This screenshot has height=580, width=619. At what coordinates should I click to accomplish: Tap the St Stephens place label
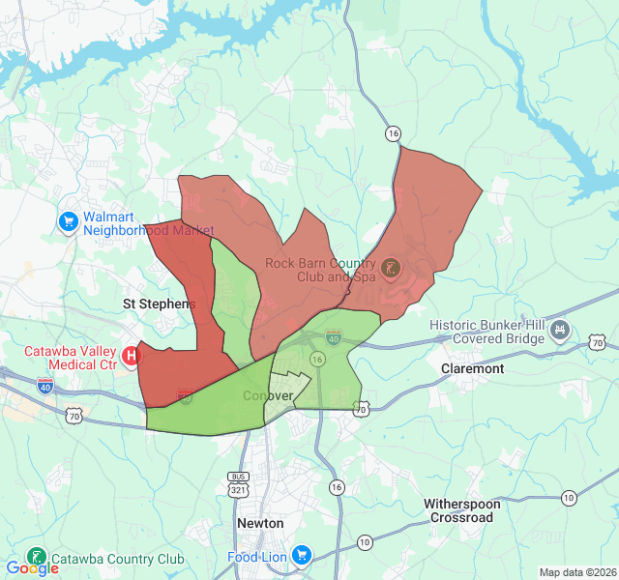tap(159, 304)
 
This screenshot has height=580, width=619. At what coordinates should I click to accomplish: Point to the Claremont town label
tap(472, 368)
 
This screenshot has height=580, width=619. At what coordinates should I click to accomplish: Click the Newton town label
tap(260, 523)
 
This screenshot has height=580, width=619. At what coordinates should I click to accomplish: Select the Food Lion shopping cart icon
tap(302, 556)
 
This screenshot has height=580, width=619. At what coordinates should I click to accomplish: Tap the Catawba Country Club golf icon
tap(36, 558)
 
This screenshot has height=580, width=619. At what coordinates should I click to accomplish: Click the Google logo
tap(32, 568)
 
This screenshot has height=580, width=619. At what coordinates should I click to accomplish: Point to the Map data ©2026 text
tap(577, 572)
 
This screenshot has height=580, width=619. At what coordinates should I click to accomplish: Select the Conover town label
tap(268, 396)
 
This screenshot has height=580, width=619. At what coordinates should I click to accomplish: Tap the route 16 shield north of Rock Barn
tap(392, 132)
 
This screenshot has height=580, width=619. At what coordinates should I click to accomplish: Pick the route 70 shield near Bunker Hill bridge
tap(597, 342)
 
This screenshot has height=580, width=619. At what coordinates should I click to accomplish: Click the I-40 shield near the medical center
tap(45, 386)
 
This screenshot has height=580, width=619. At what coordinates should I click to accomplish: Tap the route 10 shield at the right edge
tap(569, 498)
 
